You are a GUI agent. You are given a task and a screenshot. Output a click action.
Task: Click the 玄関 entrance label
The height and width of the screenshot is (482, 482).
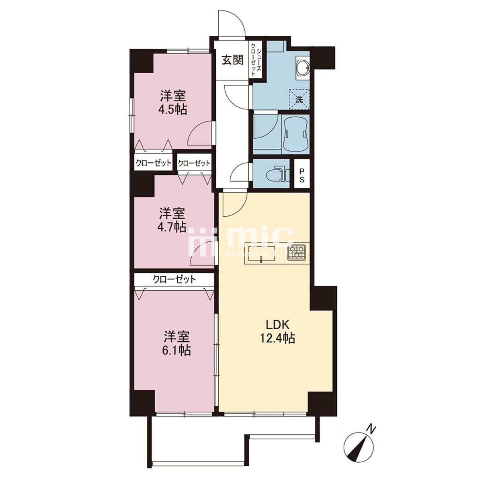[x=232, y=60]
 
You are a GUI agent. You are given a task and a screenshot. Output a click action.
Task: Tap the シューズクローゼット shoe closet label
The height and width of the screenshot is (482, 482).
[x=256, y=59]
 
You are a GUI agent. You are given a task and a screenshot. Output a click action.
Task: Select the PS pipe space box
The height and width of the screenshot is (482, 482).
[x=302, y=173]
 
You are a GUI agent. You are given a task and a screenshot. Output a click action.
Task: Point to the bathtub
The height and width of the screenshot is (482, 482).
[x=296, y=133]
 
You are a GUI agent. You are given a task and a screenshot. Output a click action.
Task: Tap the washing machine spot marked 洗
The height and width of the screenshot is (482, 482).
[x=299, y=100]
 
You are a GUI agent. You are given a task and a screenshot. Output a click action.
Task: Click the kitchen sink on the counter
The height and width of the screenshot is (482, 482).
[x=261, y=254]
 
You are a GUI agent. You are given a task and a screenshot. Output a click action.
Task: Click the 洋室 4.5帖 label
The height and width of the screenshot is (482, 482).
[x=173, y=103]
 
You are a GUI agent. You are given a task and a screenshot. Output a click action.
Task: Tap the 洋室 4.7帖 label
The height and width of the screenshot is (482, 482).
[x=172, y=219]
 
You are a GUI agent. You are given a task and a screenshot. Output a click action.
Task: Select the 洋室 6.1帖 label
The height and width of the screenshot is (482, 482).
[x=177, y=343]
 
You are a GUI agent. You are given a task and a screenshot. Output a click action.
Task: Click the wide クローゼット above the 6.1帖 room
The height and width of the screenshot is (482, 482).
[x=174, y=279]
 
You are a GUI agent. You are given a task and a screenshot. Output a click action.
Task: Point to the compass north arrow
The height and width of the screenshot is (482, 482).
[x=359, y=450]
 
